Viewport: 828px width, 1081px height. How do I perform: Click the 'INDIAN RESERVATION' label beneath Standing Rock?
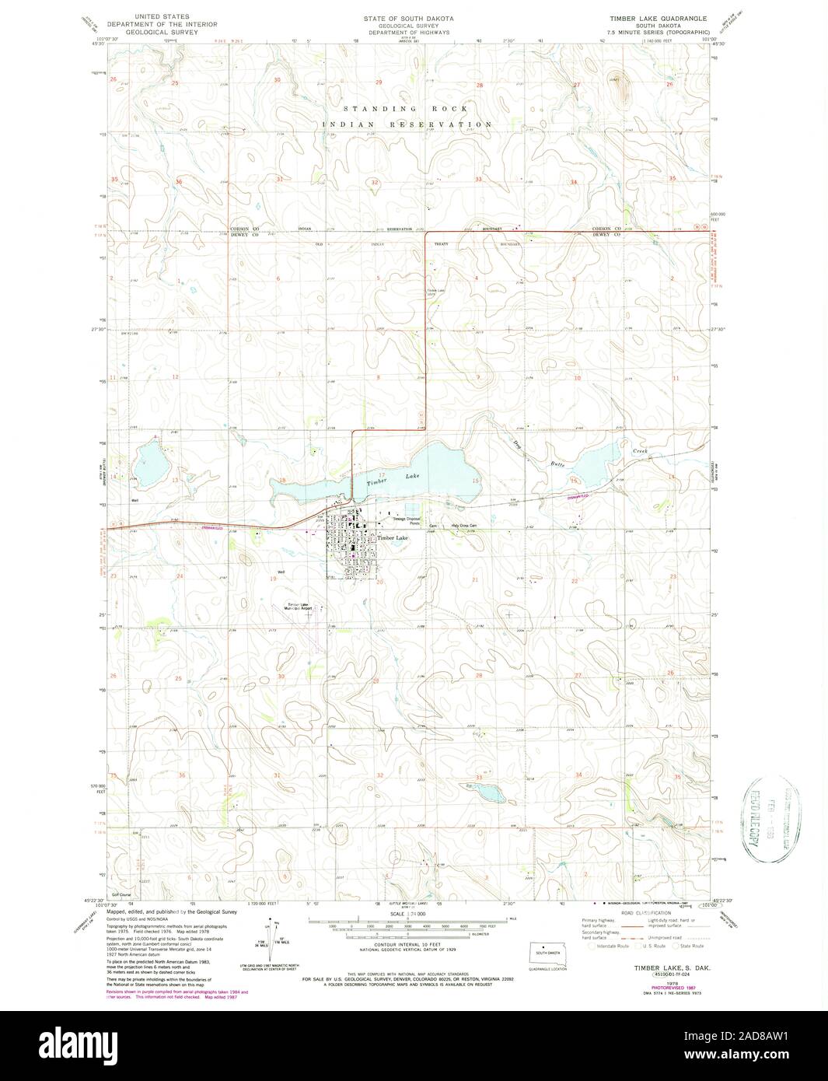[408, 124]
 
